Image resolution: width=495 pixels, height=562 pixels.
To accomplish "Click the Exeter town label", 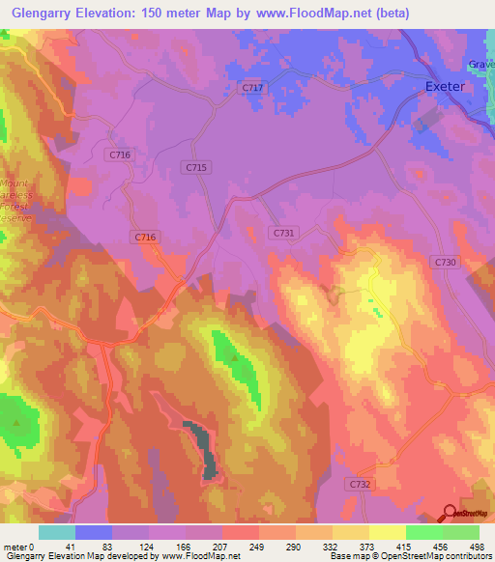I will pyautogui.click(x=446, y=86).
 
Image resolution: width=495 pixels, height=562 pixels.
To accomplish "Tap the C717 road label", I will pyautogui.click(x=251, y=88).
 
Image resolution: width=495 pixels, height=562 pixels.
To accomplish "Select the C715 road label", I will pyautogui.click(x=196, y=167).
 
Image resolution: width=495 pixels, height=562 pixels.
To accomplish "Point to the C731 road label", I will pyautogui.click(x=283, y=233).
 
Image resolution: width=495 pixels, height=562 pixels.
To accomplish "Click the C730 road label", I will pyautogui.click(x=445, y=262).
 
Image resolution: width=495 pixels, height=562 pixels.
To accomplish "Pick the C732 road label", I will pyautogui.click(x=360, y=483).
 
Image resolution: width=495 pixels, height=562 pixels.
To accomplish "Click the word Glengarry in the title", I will pyautogui.click(x=38, y=13).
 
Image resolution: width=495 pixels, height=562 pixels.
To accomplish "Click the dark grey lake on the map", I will pyautogui.click(x=204, y=450).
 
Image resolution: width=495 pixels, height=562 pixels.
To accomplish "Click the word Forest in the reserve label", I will pyautogui.click(x=15, y=207).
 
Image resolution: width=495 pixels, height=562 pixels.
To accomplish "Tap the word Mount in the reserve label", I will pyautogui.click(x=15, y=183).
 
